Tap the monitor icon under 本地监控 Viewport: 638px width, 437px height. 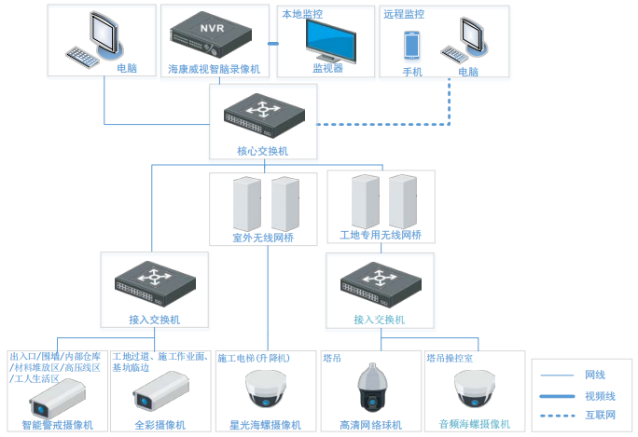(x=326, y=39)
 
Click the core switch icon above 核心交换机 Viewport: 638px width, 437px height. (x=263, y=116)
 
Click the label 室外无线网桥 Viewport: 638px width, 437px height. (x=263, y=238)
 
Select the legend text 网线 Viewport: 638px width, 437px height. (x=595, y=375)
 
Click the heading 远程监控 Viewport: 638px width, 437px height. (x=404, y=15)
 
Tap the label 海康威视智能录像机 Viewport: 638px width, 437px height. (x=214, y=70)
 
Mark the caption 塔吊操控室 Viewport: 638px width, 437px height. (x=450, y=358)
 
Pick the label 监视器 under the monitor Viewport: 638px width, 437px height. (x=327, y=68)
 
